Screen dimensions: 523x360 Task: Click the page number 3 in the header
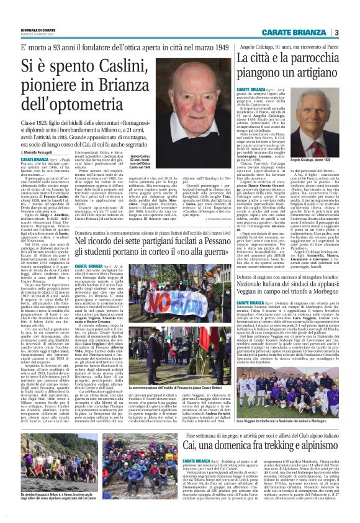[336, 32]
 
